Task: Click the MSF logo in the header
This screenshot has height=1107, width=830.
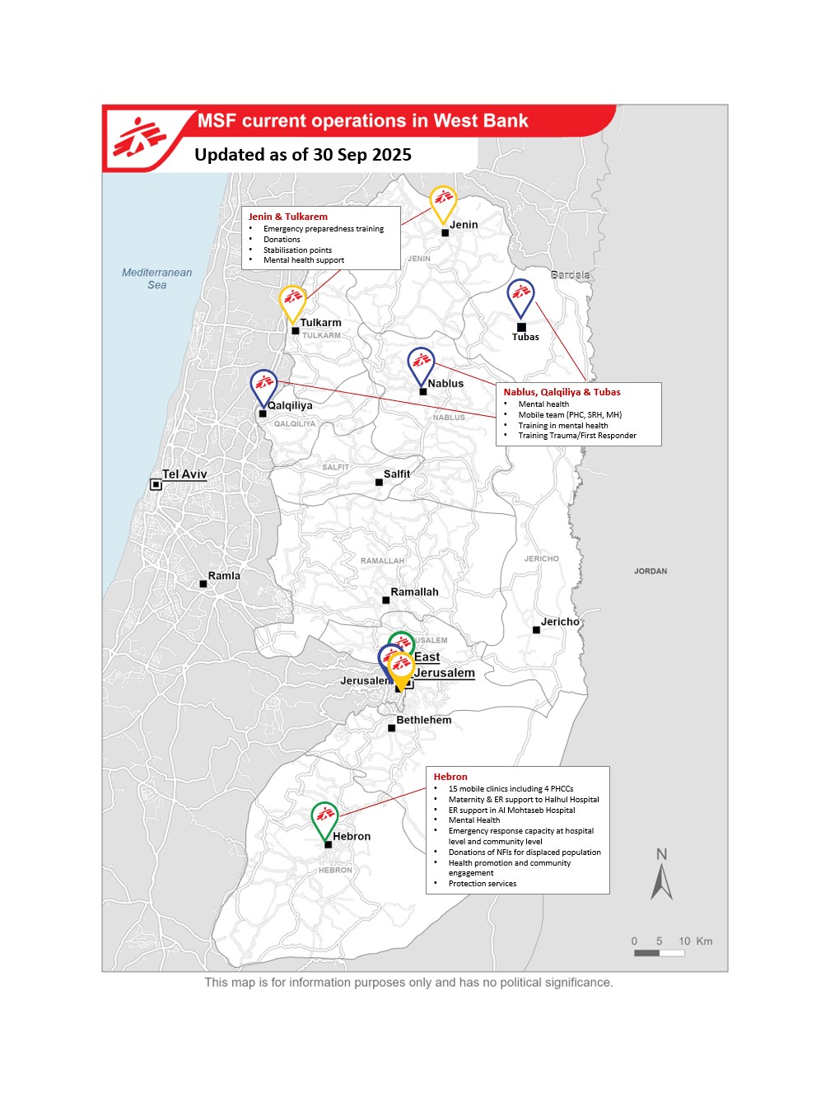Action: [x=139, y=138]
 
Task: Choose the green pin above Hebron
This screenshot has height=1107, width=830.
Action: [x=325, y=817]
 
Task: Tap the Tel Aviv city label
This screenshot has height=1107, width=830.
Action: [x=184, y=474]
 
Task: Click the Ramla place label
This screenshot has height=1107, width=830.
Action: [x=224, y=576]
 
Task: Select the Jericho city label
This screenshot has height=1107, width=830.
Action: [x=560, y=622]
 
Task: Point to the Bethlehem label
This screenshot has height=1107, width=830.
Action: [x=423, y=720]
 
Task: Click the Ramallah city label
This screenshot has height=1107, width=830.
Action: [x=414, y=592]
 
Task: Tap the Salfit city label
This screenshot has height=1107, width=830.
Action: [x=396, y=474]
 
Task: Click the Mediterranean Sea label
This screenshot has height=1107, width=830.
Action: [x=156, y=278]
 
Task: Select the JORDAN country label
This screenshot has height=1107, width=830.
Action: [x=650, y=571]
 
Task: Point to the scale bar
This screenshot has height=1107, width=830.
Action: [x=659, y=953]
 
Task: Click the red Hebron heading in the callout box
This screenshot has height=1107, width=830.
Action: [x=450, y=777]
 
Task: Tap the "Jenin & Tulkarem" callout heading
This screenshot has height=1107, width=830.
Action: [x=288, y=217]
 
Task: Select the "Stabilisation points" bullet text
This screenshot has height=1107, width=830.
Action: [x=297, y=250]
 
